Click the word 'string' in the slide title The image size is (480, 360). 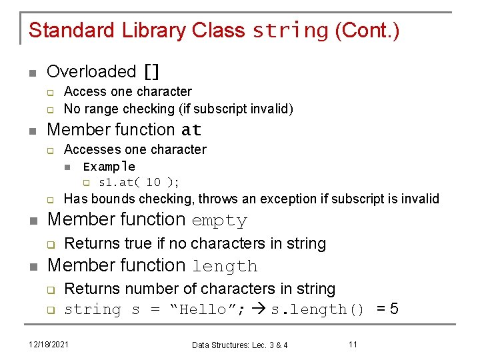291,31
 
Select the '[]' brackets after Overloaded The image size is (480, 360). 151,71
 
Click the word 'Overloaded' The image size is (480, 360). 91,71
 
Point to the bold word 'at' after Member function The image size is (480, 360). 191,130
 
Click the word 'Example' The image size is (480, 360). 109,167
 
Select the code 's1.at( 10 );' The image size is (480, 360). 139,182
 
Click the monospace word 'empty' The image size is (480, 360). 219,220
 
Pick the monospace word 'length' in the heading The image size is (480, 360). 225,267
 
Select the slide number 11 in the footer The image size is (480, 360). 353,344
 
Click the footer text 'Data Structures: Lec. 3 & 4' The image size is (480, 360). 239,345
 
